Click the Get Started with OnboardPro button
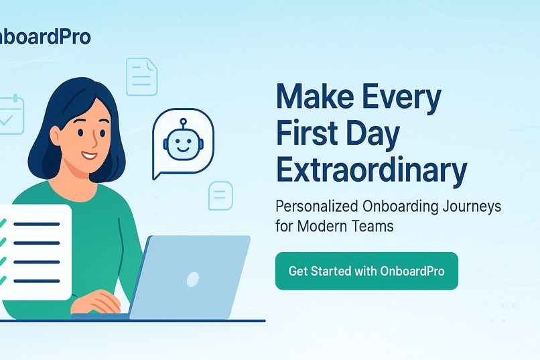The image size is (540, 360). point(366,271)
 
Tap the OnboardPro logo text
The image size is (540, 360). point(45,36)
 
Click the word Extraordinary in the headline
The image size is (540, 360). point(371,170)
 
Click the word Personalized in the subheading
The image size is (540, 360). point(320,206)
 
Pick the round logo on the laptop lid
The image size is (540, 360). point(193,278)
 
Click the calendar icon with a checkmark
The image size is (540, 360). point(10,115)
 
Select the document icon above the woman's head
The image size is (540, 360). point(141,76)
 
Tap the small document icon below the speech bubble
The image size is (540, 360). point(220,196)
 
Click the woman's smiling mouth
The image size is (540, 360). point(89,156)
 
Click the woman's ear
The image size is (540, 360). point(56,137)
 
